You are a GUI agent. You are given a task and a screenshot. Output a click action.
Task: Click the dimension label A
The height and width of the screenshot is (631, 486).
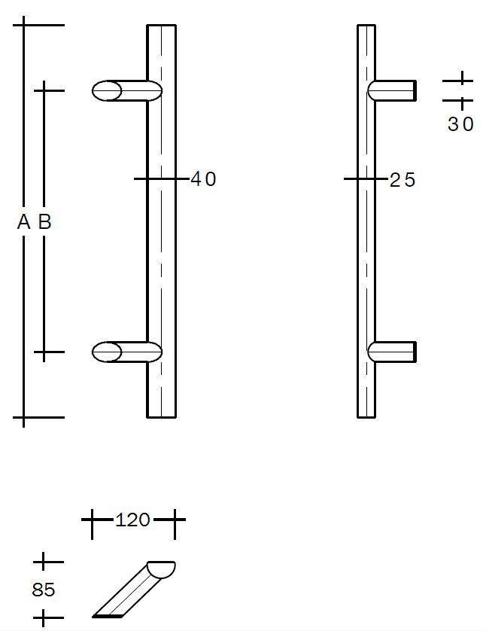(24, 221)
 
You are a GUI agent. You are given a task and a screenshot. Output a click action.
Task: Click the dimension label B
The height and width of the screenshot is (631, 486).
(44, 221)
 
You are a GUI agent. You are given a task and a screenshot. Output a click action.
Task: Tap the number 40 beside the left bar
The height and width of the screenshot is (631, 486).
(203, 179)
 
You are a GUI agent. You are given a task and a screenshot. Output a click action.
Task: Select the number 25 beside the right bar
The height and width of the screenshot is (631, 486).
(402, 180)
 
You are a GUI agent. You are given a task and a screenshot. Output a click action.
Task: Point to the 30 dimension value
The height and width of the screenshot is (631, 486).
(460, 124)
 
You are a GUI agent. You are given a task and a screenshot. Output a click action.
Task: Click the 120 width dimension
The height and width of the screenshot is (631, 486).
(132, 520)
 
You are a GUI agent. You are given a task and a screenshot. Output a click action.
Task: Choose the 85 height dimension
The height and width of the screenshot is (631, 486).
(44, 590)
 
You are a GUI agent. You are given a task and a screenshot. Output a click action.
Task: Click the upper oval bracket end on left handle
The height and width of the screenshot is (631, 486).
(107, 90)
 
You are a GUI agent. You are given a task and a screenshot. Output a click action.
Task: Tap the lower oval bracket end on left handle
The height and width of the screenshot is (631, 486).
(107, 352)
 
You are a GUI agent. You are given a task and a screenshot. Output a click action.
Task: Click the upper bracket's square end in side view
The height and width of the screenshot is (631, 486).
(415, 90)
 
